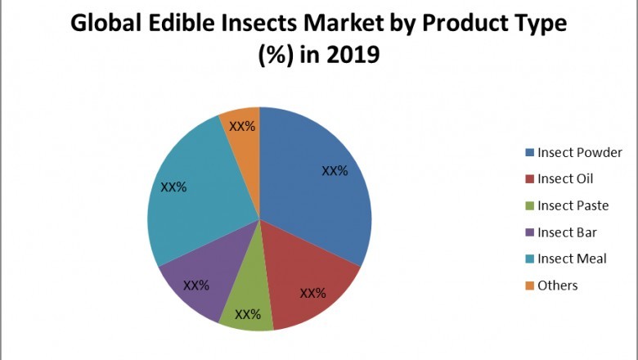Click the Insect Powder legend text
pyautogui.click(x=580, y=153)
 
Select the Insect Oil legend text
pyautogui.click(x=565, y=179)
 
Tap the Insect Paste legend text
pyautogui.click(x=573, y=205)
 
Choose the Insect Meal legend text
pyautogui.click(x=572, y=259)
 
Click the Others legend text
pyautogui.click(x=558, y=286)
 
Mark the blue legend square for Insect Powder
pyautogui.click(x=529, y=153)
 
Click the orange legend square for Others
pyautogui.click(x=529, y=286)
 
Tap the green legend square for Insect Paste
pyautogui.click(x=529, y=206)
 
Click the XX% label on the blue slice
pyautogui.click(x=335, y=172)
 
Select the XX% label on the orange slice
pyautogui.click(x=242, y=127)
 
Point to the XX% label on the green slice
pyautogui.click(x=248, y=314)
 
